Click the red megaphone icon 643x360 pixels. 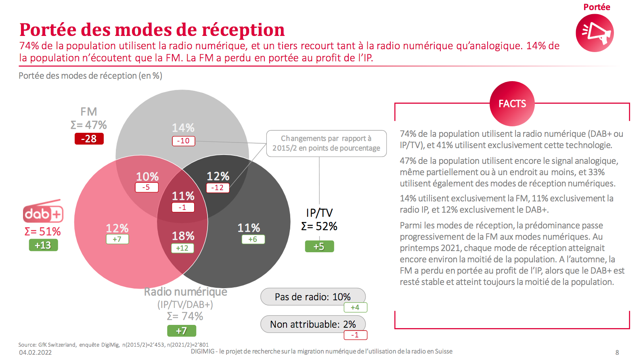pyautogui.click(x=595, y=33)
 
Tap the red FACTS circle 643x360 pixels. pyautogui.click(x=512, y=104)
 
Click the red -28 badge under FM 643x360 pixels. pyautogui.click(x=89, y=139)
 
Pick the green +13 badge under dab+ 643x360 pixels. pyautogui.click(x=43, y=245)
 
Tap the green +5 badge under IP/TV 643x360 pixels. pyautogui.click(x=319, y=246)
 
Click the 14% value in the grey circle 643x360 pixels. pyautogui.click(x=183, y=128)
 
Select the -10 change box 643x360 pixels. pyautogui.click(x=184, y=141)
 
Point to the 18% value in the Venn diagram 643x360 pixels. pyautogui.click(x=183, y=236)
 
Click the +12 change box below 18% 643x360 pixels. pyautogui.click(x=182, y=248)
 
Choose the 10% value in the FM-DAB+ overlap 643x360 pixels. pyautogui.click(x=147, y=176)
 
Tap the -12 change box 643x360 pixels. pyautogui.click(x=218, y=188)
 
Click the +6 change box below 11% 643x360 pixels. pyautogui.click(x=253, y=239)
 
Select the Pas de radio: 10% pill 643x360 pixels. pyautogui.click(x=313, y=297)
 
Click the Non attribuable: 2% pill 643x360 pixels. pyautogui.click(x=313, y=324)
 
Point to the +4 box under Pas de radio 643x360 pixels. pyautogui.click(x=355, y=308)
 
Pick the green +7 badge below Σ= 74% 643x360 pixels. pyautogui.click(x=182, y=331)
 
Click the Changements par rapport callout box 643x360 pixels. pyautogui.click(x=326, y=143)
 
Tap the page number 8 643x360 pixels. pyautogui.click(x=617, y=352)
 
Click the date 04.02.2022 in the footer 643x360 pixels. pyautogui.click(x=36, y=352)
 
